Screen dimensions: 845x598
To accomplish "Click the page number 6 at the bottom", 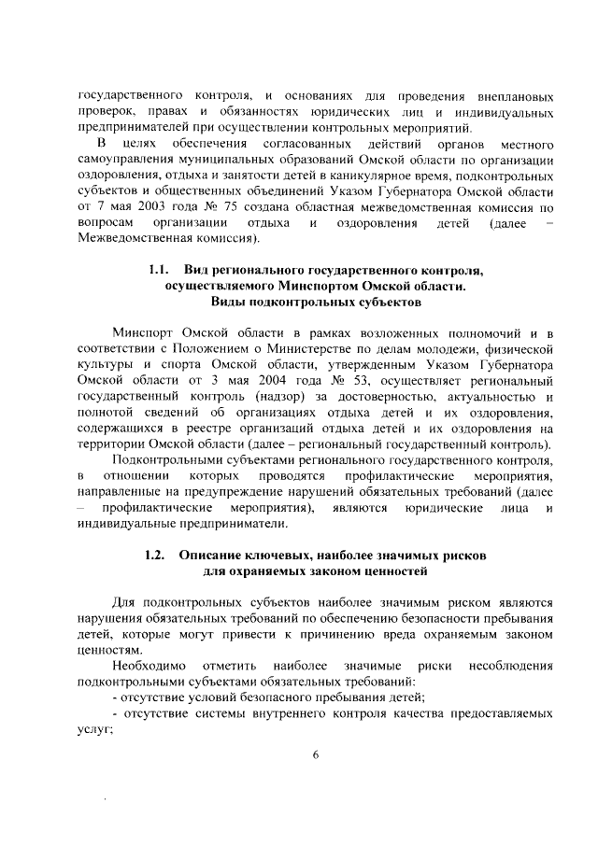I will click(x=316, y=755).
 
